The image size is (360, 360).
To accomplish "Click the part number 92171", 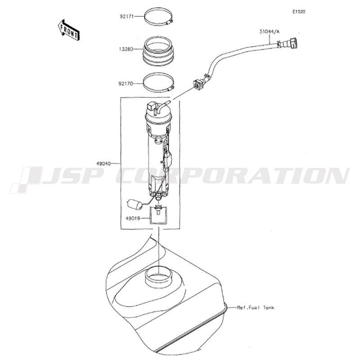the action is pos(127,17).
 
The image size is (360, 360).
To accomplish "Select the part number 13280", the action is pos(126,49).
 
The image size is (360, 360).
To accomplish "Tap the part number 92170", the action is pos(126,84).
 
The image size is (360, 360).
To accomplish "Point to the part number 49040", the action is pos(103,164).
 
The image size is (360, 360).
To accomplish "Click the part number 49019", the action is pos(132,219).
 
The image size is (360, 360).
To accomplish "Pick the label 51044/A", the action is pos(269,31).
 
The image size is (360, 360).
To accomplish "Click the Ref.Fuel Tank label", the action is pos(256,307).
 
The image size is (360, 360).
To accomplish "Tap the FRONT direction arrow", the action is pos(68,30).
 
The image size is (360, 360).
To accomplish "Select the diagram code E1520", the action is pos(299,12).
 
